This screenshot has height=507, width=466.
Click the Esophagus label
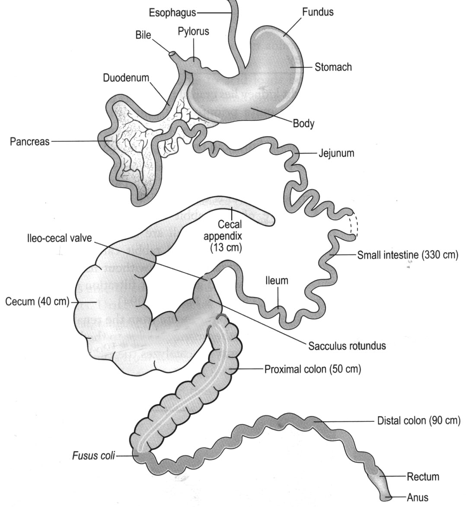coord(172,13)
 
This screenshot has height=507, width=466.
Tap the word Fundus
coord(318,12)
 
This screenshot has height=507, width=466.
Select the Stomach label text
coord(333,67)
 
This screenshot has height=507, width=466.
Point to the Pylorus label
coord(193,31)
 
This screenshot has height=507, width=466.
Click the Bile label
coord(143,35)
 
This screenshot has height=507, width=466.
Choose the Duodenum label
coord(126,78)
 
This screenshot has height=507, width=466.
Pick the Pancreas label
coord(29,141)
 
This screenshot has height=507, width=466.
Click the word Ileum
coord(277,280)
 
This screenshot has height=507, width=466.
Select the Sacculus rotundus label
coord(347,346)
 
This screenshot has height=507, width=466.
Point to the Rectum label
coord(422,477)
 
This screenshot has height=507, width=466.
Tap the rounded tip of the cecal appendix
coord(271,220)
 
